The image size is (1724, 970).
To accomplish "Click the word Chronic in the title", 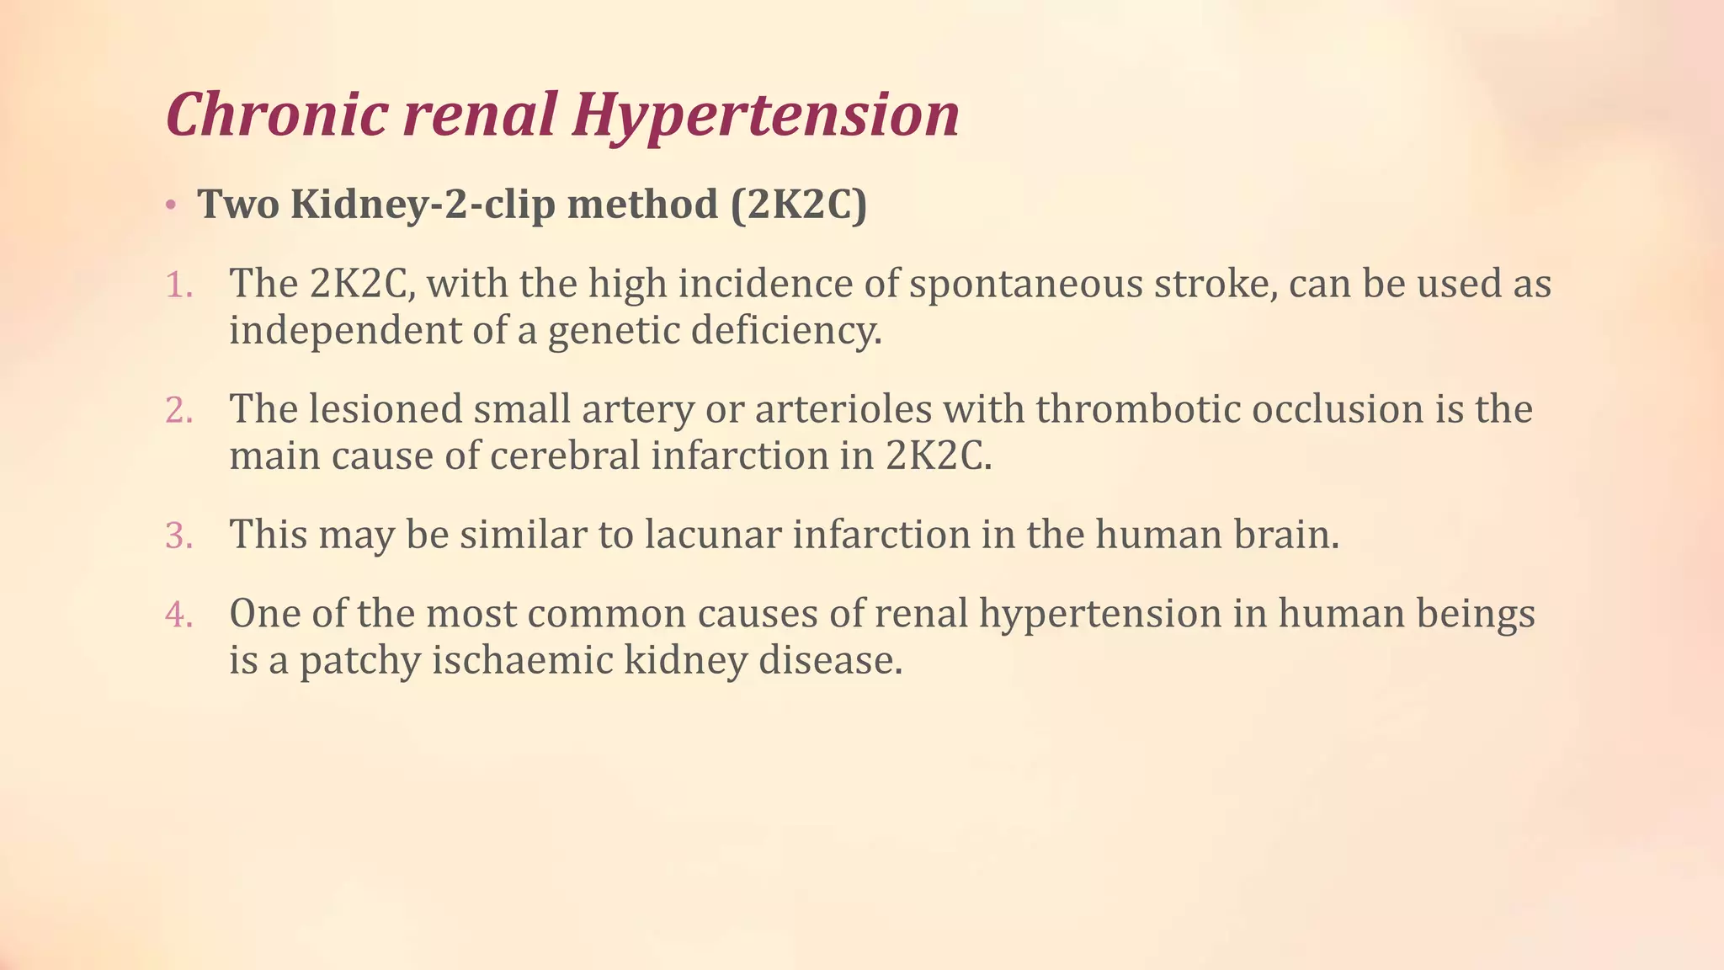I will pos(277,115).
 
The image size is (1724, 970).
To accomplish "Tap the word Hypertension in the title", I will pos(765,115).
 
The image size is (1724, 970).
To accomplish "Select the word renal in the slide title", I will pos(480,115).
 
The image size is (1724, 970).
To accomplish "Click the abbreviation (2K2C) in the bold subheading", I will pos(798,205).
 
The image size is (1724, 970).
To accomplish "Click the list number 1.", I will pos(178,285).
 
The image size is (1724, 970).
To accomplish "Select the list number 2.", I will pos(178,411).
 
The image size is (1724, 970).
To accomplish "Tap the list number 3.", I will pos(178,536).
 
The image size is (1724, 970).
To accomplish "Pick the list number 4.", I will pos(178,615).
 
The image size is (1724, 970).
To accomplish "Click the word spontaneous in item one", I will pos(1025,285).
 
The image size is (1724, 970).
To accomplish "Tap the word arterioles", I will pos(843,410).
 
